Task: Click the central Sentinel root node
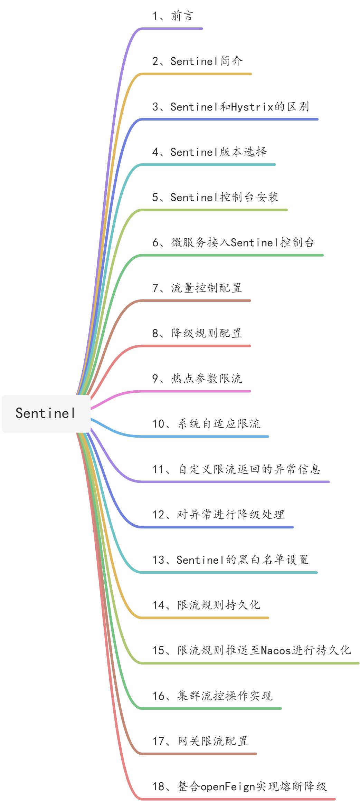[46, 413]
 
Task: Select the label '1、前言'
[173, 16]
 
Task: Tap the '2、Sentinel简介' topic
[197, 61]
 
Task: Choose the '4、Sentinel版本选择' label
[209, 152]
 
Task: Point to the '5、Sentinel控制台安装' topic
[215, 197]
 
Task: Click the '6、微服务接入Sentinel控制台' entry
[233, 242]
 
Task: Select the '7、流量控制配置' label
[197, 288]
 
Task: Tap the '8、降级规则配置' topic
[197, 333]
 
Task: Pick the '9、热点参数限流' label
[197, 379]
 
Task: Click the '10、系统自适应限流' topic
[206, 424]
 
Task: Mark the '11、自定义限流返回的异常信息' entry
[237, 469]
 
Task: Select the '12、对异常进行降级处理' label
[218, 515]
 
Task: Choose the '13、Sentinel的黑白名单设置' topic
[230, 560]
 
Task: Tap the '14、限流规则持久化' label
[206, 605]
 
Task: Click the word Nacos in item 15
[276, 651]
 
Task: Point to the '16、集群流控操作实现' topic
[212, 696]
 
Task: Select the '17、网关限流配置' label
[200, 741]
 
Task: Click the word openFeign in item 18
[228, 787]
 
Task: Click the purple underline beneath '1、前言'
[173, 29]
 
